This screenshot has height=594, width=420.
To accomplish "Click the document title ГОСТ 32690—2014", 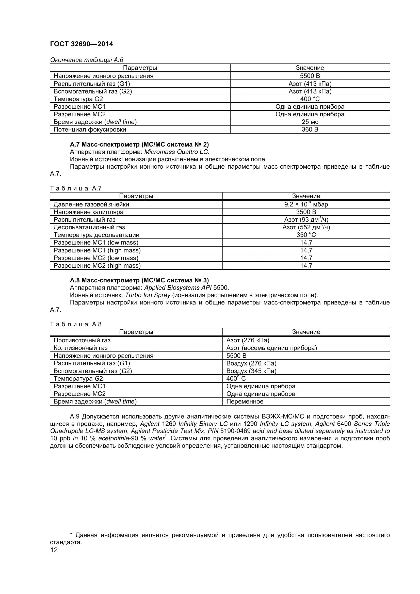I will click(x=82, y=44).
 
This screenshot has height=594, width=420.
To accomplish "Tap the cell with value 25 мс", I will click(x=310, y=122).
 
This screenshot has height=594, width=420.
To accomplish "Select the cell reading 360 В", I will click(x=310, y=130).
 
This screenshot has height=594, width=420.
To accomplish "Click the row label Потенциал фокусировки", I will click(x=90, y=130).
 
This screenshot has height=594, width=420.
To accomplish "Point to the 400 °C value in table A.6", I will click(x=310, y=99).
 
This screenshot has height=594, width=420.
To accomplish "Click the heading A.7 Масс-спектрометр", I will click(x=139, y=144).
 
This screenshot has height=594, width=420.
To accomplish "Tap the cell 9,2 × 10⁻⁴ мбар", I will click(x=306, y=204).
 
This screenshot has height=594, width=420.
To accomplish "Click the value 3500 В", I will click(x=306, y=212).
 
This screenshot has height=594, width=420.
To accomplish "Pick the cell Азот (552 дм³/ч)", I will click(x=306, y=227).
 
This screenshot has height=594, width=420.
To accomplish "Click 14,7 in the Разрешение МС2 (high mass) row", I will click(x=306, y=266).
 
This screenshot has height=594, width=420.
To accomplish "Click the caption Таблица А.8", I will click(x=76, y=324).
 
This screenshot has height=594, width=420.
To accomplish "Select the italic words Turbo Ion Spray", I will click(x=148, y=295).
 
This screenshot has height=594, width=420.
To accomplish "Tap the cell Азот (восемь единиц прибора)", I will click(x=271, y=348).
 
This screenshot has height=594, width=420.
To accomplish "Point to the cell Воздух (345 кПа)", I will click(x=251, y=371).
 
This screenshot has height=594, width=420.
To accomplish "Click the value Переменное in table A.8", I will click(x=245, y=402).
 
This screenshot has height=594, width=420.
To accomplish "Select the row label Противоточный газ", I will click(x=82, y=341).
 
